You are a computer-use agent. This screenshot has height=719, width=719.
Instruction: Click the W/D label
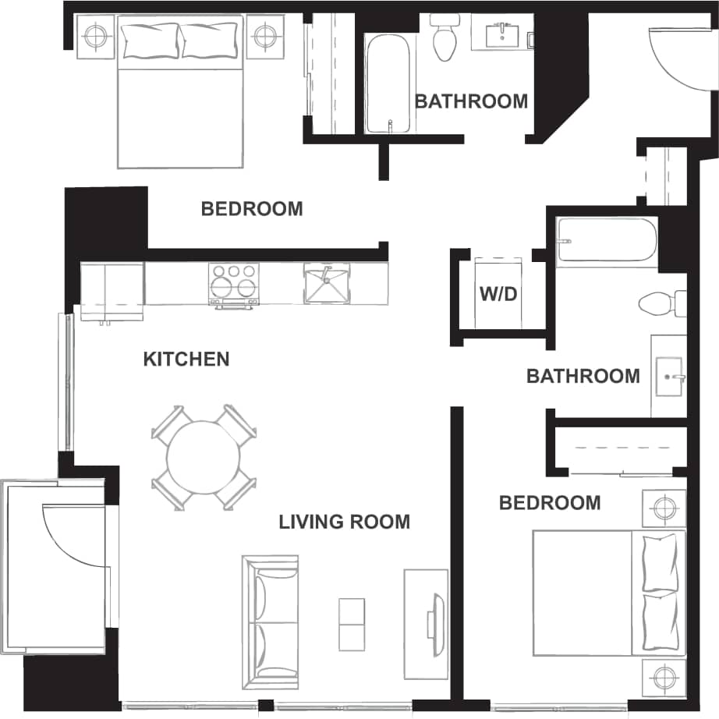[x=497, y=296]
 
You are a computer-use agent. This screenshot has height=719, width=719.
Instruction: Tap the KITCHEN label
[x=186, y=359]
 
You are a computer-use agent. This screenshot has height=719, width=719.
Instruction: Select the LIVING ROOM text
[x=344, y=521]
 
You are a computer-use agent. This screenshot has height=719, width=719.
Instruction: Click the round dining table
[x=204, y=457]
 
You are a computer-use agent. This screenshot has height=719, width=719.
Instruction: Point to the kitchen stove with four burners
[x=233, y=282]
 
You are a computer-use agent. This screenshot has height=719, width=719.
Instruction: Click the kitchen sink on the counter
[x=327, y=282]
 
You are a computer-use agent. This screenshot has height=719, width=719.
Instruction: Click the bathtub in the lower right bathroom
[x=606, y=241]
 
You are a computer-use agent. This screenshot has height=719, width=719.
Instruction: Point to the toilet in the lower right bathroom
[x=657, y=303]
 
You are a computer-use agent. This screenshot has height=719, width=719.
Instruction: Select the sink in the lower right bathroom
[x=669, y=377]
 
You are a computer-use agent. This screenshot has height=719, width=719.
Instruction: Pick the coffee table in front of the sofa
[x=351, y=624]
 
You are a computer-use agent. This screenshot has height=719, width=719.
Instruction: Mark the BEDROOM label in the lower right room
[x=550, y=503]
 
